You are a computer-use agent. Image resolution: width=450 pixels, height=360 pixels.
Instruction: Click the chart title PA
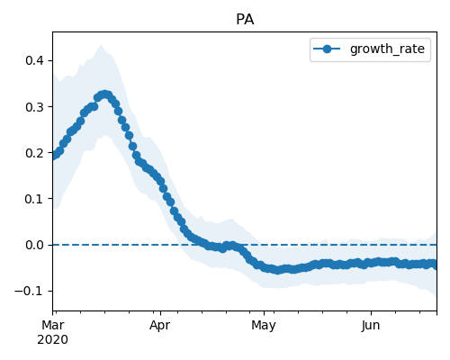click(245, 20)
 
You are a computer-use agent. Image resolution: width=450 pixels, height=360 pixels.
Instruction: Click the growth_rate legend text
click(387, 49)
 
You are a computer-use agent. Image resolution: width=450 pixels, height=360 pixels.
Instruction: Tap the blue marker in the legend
click(327, 49)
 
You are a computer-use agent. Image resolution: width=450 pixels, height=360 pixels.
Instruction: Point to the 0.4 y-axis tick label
click(34, 60)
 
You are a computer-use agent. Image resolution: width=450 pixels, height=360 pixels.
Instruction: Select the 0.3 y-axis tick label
click(34, 107)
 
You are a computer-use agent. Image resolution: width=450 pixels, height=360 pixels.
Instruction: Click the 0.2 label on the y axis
click(34, 153)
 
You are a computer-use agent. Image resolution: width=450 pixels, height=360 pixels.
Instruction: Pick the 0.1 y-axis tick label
click(34, 199)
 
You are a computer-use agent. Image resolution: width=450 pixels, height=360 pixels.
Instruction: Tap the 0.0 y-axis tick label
click(34, 245)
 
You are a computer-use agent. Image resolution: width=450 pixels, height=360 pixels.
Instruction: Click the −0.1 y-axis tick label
click(30, 291)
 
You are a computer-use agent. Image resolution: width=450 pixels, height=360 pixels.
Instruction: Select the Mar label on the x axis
click(53, 325)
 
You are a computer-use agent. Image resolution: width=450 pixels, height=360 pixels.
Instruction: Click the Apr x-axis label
click(160, 325)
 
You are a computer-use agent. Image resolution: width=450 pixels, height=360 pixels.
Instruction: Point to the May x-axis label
click(264, 325)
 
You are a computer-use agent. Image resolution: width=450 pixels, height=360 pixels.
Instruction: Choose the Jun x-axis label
click(371, 325)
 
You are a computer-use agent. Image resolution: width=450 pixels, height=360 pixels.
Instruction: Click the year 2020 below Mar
click(52, 340)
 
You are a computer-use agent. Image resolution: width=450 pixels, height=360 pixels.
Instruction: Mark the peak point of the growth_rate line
click(104, 95)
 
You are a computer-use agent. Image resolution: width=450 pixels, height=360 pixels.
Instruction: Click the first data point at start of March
click(54, 156)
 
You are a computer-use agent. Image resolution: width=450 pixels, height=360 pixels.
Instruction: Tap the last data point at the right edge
click(435, 265)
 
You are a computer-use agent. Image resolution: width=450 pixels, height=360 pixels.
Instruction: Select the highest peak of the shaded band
click(101, 45)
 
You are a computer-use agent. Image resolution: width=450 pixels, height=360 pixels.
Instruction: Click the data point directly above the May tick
click(264, 267)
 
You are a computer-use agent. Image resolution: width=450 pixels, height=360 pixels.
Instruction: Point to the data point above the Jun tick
click(371, 263)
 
